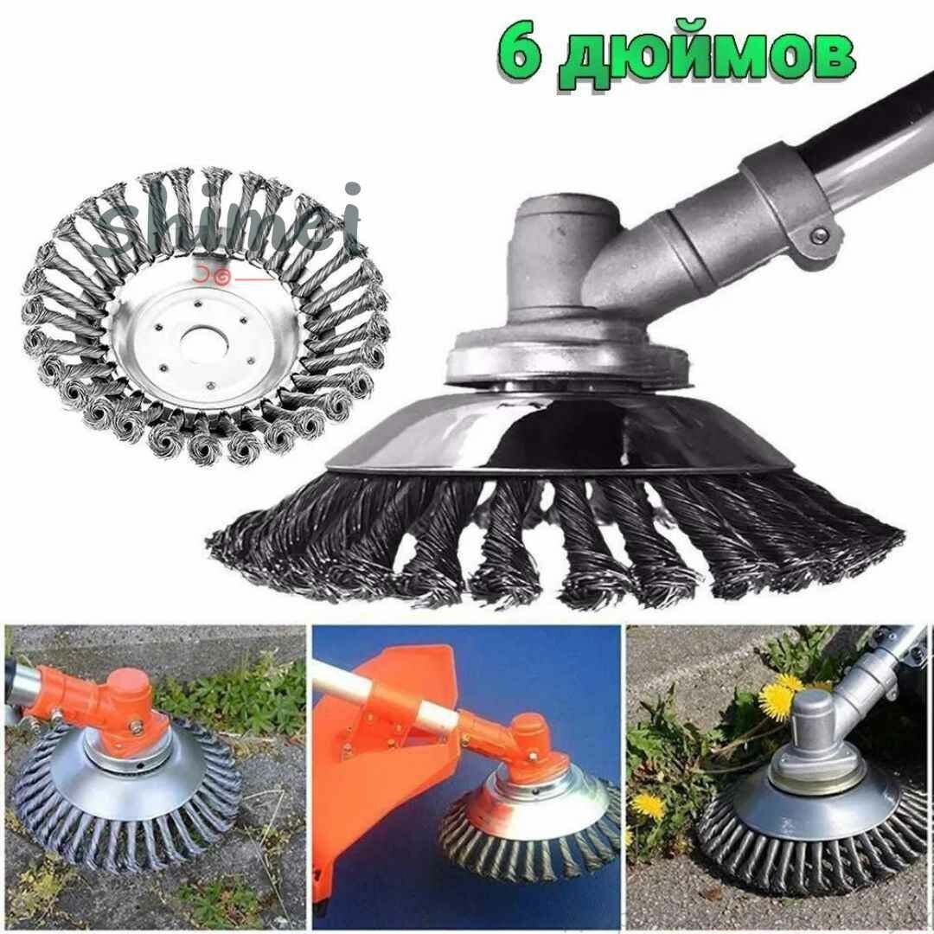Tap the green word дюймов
coord(707,59)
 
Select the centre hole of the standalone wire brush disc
coord(204,342)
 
